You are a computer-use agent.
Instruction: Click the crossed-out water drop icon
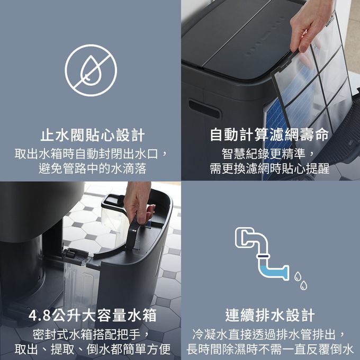tap(90, 66)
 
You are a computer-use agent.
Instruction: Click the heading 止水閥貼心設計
tap(90, 135)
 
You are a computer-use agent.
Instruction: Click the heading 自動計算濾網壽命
tap(269, 135)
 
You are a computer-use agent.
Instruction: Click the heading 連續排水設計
tap(270, 316)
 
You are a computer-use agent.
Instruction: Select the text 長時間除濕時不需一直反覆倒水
tap(270, 349)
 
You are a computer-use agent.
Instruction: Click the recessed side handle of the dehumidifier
tap(204, 108)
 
